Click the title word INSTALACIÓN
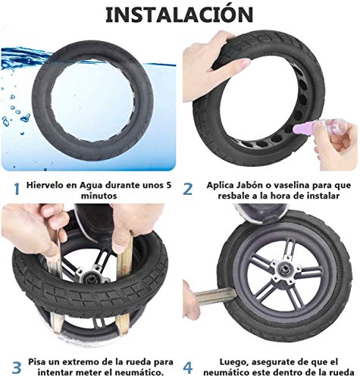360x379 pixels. tap(180, 15)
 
